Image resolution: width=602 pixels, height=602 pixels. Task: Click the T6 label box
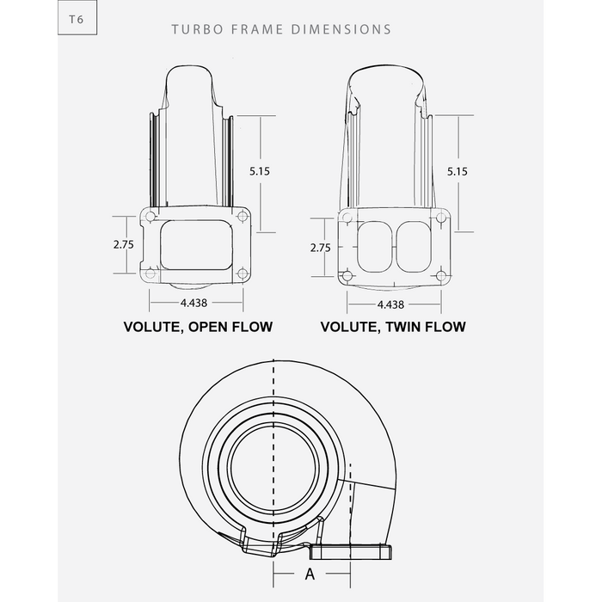[77, 19]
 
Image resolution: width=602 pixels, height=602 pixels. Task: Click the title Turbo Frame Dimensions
[281, 29]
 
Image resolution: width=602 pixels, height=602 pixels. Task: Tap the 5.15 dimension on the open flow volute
[260, 171]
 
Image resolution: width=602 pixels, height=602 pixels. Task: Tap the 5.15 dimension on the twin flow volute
[458, 171]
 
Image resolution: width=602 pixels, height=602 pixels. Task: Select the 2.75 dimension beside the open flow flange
[124, 243]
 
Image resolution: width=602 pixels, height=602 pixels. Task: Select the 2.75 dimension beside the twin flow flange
[320, 247]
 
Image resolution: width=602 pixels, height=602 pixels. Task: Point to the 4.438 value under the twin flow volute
[390, 304]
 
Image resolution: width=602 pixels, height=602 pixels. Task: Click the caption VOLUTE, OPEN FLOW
[198, 327]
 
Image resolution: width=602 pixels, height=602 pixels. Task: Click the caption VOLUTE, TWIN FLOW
[393, 327]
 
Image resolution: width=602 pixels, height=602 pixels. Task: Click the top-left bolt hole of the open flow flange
[150, 216]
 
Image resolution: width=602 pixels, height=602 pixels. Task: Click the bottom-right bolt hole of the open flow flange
[243, 273]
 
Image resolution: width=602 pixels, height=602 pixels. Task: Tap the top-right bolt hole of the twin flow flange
[440, 218]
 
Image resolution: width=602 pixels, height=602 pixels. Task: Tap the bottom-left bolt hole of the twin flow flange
[347, 275]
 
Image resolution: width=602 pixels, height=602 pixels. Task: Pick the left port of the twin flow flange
[374, 246]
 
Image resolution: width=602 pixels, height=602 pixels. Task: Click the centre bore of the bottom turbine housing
[273, 456]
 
